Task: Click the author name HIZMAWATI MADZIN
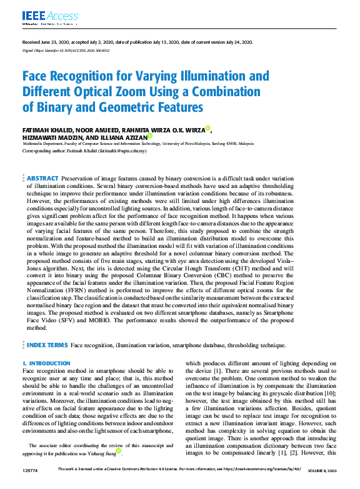click(x=49, y=137)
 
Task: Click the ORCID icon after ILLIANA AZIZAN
click(x=150, y=136)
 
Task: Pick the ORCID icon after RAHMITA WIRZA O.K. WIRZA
click(x=209, y=128)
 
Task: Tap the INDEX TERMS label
click(x=47, y=345)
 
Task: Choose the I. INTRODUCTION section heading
click(x=46, y=363)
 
